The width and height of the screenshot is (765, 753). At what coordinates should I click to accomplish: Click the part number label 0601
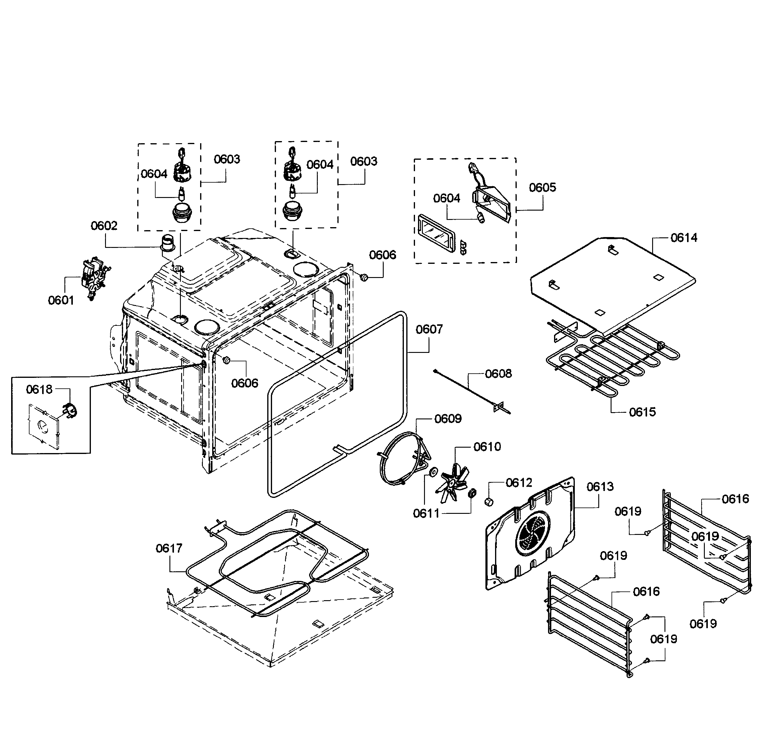(x=61, y=300)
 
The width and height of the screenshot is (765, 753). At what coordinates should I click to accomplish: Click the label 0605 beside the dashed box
(x=542, y=187)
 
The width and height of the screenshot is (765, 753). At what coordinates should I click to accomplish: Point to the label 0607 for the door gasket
(x=429, y=329)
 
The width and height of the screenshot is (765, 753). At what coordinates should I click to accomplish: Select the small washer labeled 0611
(x=434, y=472)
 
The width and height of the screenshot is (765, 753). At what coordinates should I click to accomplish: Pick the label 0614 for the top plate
(x=683, y=238)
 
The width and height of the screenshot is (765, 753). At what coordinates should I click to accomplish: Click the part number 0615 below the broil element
(x=642, y=412)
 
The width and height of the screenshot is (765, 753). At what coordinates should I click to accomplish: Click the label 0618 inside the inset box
(x=39, y=390)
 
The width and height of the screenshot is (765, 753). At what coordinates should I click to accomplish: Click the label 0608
(x=498, y=373)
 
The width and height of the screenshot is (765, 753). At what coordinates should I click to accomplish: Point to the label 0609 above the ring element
(x=448, y=419)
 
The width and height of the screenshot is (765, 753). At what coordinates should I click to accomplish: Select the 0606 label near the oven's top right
(x=382, y=255)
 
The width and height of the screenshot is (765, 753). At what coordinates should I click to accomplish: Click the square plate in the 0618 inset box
(x=44, y=426)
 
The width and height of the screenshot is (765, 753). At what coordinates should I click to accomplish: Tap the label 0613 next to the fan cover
(x=600, y=487)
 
